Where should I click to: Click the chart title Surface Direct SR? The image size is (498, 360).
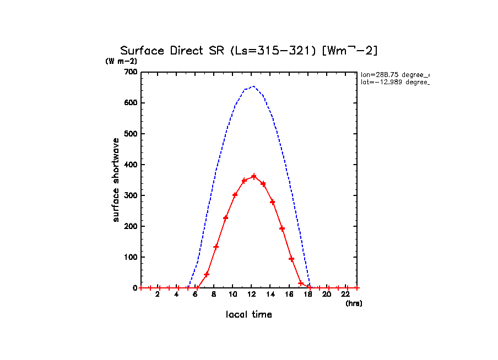pyautogui.click(x=248, y=51)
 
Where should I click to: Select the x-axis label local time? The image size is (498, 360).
pyautogui.click(x=249, y=315)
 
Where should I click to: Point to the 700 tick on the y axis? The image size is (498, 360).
pyautogui.click(x=130, y=72)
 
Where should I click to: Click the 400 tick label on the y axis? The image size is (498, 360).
pyautogui.click(x=130, y=165)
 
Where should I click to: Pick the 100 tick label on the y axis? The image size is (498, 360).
pyautogui.click(x=130, y=257)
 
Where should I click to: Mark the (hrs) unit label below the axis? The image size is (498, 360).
pyautogui.click(x=354, y=303)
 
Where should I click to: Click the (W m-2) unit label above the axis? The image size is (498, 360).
pyautogui.click(x=121, y=61)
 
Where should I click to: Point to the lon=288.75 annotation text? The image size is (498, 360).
pyautogui.click(x=394, y=74)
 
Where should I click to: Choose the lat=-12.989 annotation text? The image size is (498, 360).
pyautogui.click(x=394, y=82)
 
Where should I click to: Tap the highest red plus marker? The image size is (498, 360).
pyautogui.click(x=254, y=177)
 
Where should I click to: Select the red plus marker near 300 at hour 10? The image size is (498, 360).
pyautogui.click(x=235, y=195)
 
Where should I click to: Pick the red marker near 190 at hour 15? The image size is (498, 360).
pyautogui.click(x=282, y=228)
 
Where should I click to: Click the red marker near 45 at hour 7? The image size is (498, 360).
pyautogui.click(x=207, y=274)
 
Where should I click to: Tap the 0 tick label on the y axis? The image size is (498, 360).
pyautogui.click(x=134, y=288)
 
